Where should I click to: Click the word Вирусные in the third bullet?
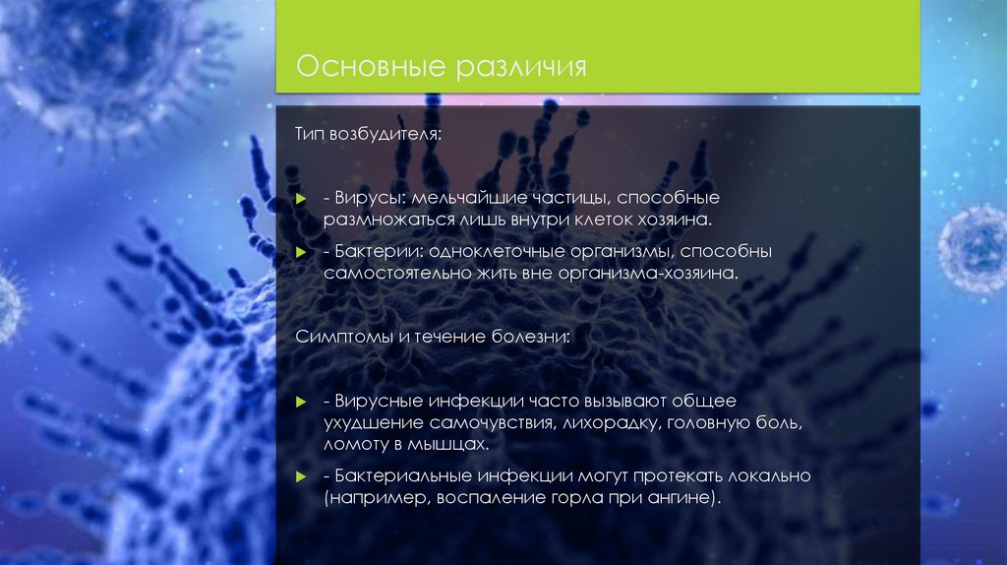point(375,404)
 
